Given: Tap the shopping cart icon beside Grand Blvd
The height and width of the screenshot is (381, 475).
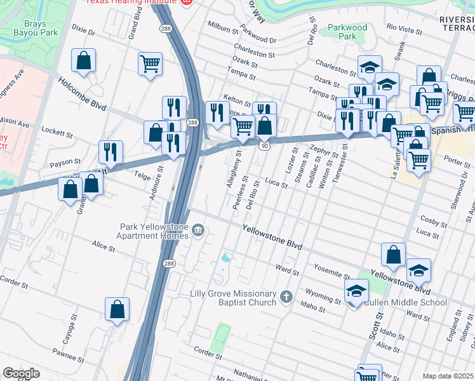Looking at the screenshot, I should pyautogui.click(x=150, y=63).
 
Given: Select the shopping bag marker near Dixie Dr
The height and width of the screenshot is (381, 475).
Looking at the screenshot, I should pyautogui.click(x=83, y=61).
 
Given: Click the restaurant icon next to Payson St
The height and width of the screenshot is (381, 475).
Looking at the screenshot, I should pyautogui.click(x=110, y=152).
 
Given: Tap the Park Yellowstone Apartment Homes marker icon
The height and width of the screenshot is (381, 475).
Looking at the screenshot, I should pyautogui.click(x=198, y=229).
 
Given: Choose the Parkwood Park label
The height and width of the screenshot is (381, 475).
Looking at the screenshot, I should pyautogui.click(x=347, y=32).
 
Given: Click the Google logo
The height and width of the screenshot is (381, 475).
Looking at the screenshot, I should pyautogui.click(x=22, y=373).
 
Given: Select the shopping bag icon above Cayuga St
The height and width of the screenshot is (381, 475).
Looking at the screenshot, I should pyautogui.click(x=117, y=310).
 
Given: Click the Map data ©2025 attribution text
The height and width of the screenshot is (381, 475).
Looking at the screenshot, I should pyautogui.click(x=448, y=376).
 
